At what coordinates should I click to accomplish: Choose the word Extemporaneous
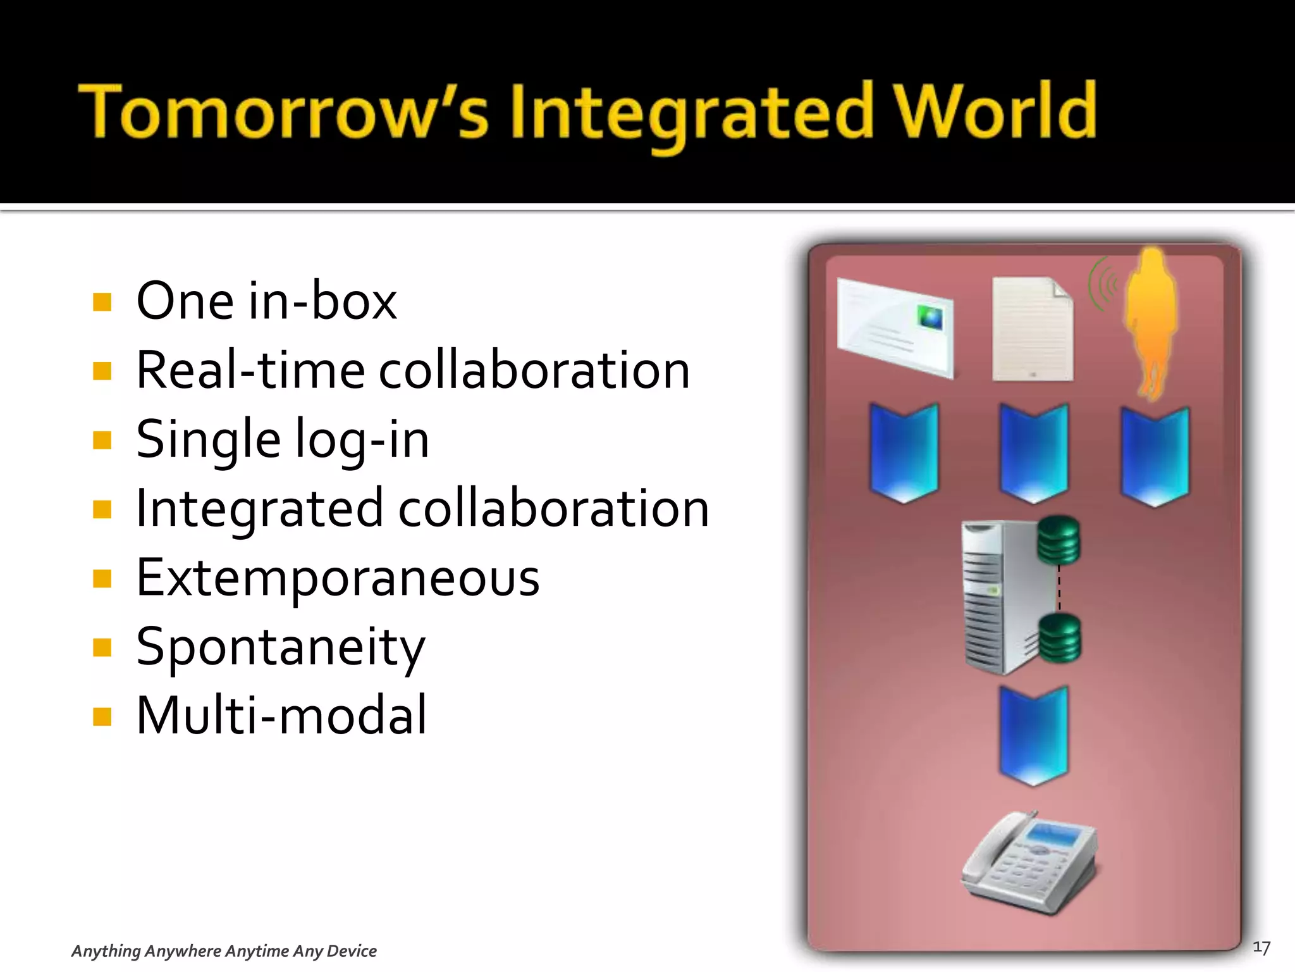pos(338,577)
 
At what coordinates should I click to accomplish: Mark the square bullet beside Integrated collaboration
pos(102,509)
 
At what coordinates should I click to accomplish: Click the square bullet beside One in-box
pos(102,302)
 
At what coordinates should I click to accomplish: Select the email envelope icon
pos(895,327)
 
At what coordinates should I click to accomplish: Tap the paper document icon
pos(1032,329)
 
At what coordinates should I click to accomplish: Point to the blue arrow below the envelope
pos(904,452)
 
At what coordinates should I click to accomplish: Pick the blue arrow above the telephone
pos(1033,734)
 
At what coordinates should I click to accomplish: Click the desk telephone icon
pos(1029,863)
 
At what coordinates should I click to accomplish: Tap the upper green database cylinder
pos(1059,540)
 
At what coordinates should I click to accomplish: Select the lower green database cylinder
pos(1060,637)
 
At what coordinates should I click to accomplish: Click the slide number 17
pos(1261,947)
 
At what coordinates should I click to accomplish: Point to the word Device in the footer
pos(352,951)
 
